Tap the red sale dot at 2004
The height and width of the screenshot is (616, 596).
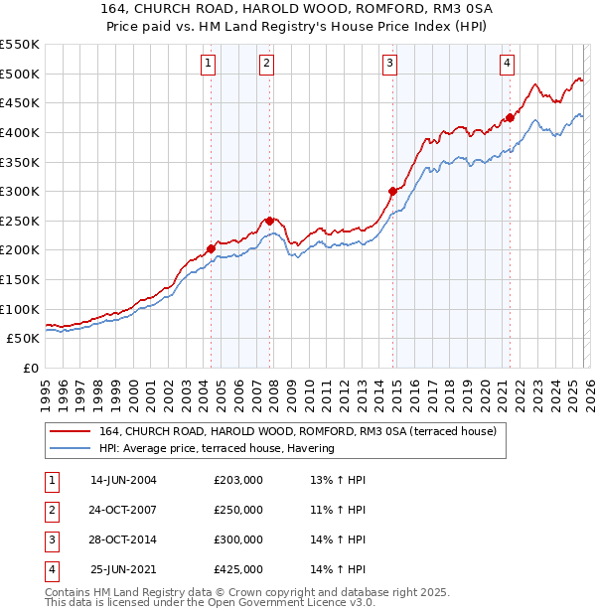point(211,248)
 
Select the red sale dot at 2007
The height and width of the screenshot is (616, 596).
point(270,221)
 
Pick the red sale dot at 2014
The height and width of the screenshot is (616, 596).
point(393,191)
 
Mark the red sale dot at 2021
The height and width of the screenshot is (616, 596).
point(511,117)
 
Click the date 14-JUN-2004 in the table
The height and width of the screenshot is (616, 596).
point(123,480)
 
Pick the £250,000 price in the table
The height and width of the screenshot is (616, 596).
point(237,510)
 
